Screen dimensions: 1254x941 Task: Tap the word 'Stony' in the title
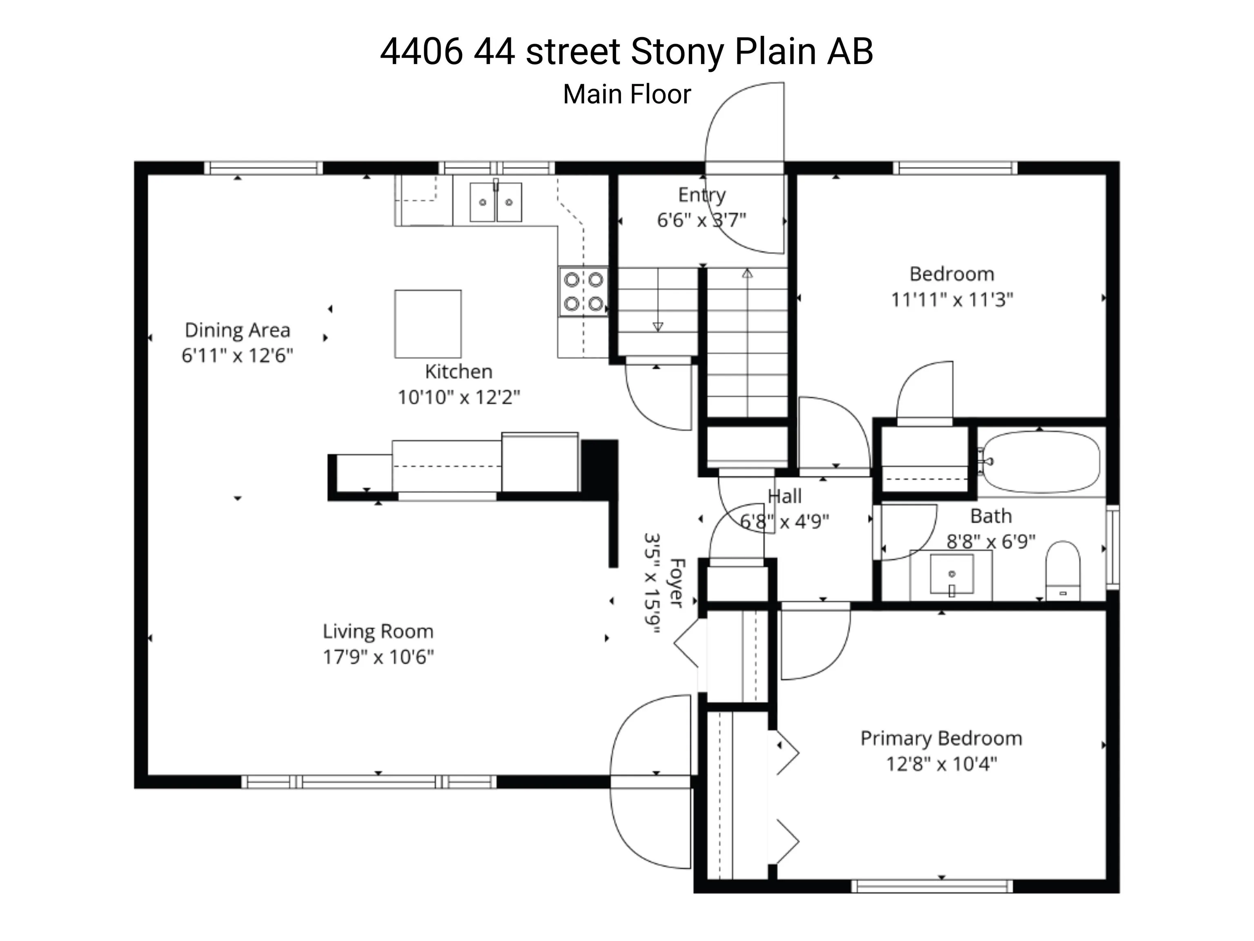coord(677,52)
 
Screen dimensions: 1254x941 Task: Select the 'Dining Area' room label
coord(238,330)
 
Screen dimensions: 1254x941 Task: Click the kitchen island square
coord(428,324)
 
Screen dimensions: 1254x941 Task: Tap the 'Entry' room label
coord(702,195)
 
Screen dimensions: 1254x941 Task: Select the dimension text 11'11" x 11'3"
coord(952,299)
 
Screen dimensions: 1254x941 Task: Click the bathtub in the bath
coord(1041,462)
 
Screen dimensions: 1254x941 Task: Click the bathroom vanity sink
coord(952,574)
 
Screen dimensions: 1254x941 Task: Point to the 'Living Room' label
coord(378,631)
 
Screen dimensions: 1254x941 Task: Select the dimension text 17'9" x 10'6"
coord(378,657)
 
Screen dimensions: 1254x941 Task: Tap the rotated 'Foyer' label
coord(677,582)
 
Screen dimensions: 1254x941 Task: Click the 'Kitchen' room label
coord(459,372)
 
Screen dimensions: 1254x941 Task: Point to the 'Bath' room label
coord(991,516)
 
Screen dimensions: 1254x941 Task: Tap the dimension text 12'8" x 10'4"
coord(941,764)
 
